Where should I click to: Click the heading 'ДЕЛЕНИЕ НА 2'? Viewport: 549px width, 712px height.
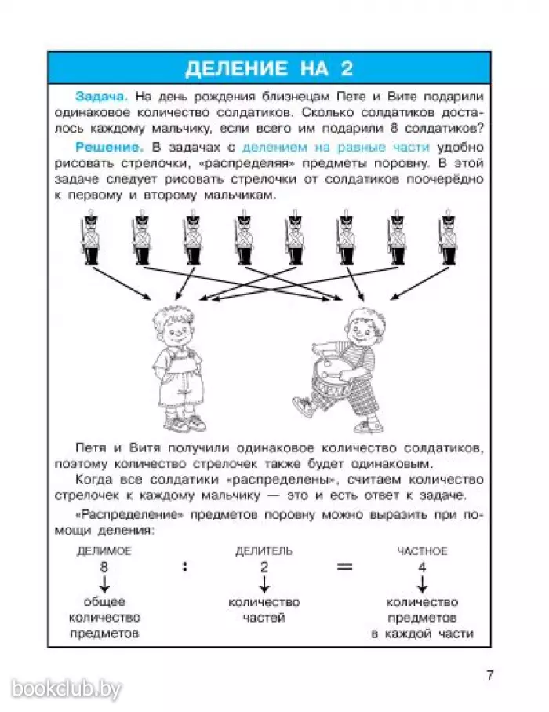point(267,68)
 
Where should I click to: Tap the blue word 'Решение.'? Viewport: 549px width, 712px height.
point(109,148)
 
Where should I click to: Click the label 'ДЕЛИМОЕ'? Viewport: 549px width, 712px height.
point(104,551)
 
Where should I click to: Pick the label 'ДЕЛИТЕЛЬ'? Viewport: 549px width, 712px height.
point(264,551)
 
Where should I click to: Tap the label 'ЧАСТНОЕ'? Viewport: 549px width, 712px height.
point(422,551)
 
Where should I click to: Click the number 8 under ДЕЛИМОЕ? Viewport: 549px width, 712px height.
point(104,567)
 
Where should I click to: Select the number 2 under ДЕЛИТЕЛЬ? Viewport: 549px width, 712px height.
point(264,567)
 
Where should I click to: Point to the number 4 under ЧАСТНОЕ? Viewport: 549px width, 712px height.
point(422,567)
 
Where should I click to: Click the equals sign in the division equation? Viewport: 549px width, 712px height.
point(345,567)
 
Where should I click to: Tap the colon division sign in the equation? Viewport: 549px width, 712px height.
point(185,567)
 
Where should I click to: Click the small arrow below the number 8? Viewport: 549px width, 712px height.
point(104,584)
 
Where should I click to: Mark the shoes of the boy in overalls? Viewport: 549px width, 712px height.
point(184,424)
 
